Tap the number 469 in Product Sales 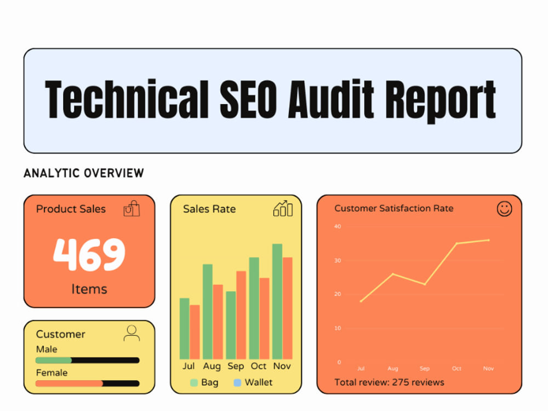tap(89, 254)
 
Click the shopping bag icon tap(132, 209)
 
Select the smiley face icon tap(504, 209)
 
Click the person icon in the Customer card tap(132, 333)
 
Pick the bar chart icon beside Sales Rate tap(283, 209)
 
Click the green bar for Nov tap(277, 301)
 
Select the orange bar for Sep tap(241, 315)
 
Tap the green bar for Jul tap(185, 328)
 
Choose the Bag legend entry tap(204, 383)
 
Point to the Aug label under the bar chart tap(212, 366)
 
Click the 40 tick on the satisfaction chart tap(337, 226)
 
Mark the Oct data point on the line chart tap(457, 243)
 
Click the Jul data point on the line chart tap(361, 301)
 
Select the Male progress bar tap(87, 361)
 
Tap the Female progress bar tap(87, 384)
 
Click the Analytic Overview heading tap(84, 173)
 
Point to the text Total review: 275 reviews tap(389, 383)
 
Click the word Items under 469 tap(89, 289)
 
